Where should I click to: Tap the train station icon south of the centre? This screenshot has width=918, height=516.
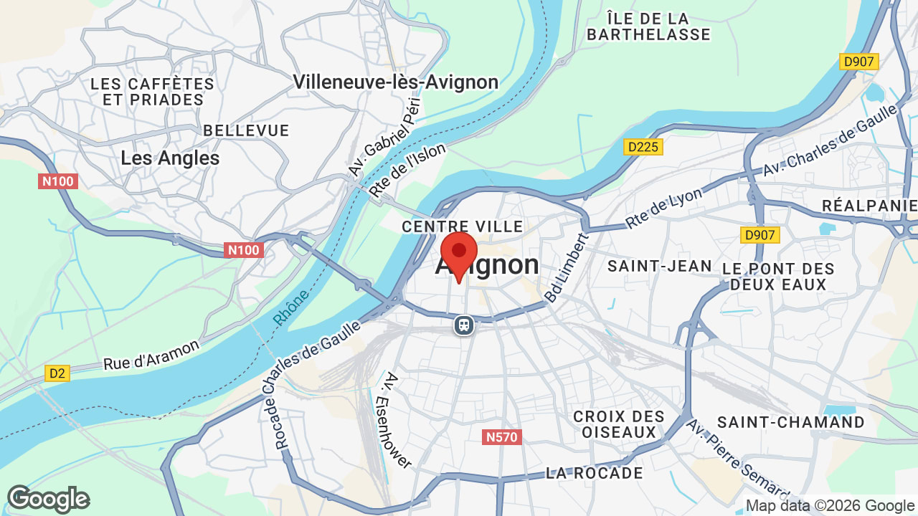464,325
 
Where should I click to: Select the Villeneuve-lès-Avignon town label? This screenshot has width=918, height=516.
395,82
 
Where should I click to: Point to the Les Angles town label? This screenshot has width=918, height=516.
170,158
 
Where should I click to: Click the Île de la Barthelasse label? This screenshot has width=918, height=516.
648,27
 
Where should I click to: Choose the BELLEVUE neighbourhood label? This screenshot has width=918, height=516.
246,130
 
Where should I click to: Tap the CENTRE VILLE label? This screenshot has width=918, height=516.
462,226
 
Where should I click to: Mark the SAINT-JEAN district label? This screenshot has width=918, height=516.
660,267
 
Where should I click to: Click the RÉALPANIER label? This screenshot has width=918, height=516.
869,206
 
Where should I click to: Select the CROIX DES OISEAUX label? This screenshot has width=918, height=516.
618,424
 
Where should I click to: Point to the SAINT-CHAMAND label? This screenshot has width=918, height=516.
791,422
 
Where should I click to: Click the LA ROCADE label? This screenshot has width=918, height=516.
595,473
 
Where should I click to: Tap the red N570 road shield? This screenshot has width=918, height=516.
501,436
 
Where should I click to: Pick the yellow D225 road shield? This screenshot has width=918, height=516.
643,147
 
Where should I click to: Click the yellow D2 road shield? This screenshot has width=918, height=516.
57,373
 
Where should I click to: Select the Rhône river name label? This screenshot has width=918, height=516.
291,308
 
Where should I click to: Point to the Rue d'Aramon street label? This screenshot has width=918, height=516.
151,355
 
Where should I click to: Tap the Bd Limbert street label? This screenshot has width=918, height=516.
566,268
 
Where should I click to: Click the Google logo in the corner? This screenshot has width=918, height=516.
48,499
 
